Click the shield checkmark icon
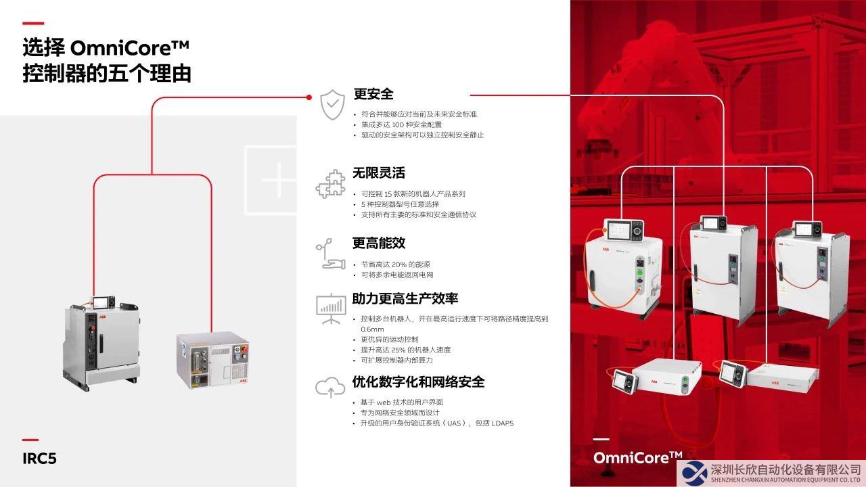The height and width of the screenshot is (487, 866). pos(332,105)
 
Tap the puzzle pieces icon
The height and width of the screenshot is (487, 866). pos(331,184)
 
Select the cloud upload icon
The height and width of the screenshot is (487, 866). pos(330,387)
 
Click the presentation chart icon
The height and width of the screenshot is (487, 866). pos(331,309)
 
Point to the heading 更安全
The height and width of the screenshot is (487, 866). pos(373,94)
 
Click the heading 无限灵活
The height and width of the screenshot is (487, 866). pos(378,172)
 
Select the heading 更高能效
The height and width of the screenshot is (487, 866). pos(378,243)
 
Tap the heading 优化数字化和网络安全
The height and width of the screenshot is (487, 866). pos(418,382)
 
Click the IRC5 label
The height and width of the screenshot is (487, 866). pos(39,459)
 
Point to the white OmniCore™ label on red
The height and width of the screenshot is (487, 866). pos(638,458)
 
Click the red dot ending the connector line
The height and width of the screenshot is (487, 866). pos(309,97)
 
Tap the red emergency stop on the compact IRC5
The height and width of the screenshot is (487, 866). pos(244,350)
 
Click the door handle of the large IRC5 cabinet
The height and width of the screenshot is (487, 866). pos(101,343)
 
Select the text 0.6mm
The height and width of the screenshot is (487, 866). pos(372,329)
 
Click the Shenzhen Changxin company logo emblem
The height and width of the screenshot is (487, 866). pos(694,473)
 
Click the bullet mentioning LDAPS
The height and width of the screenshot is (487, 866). pos(437,423)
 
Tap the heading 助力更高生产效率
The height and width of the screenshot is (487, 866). pos(405,299)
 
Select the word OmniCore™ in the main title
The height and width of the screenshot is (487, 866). pos(129,48)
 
